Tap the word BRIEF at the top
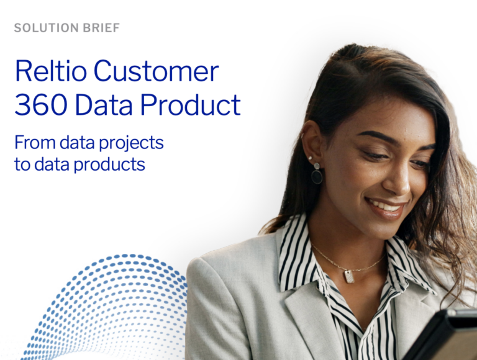point(99,28)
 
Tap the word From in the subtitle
point(35,143)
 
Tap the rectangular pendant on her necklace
point(349,276)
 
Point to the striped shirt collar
point(298,248)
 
